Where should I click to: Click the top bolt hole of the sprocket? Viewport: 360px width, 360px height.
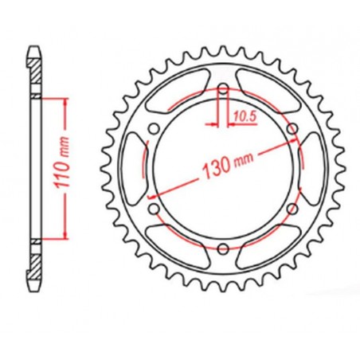(222, 87)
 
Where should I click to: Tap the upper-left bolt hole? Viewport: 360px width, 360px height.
(154, 127)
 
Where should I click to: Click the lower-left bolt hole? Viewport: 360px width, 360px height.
(154, 206)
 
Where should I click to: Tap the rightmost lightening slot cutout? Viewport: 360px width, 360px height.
(307, 166)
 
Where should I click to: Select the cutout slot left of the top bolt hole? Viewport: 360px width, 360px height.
(179, 93)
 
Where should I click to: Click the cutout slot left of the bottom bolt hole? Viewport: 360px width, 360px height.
(179, 240)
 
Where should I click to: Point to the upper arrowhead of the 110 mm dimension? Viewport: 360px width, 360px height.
(59, 101)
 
